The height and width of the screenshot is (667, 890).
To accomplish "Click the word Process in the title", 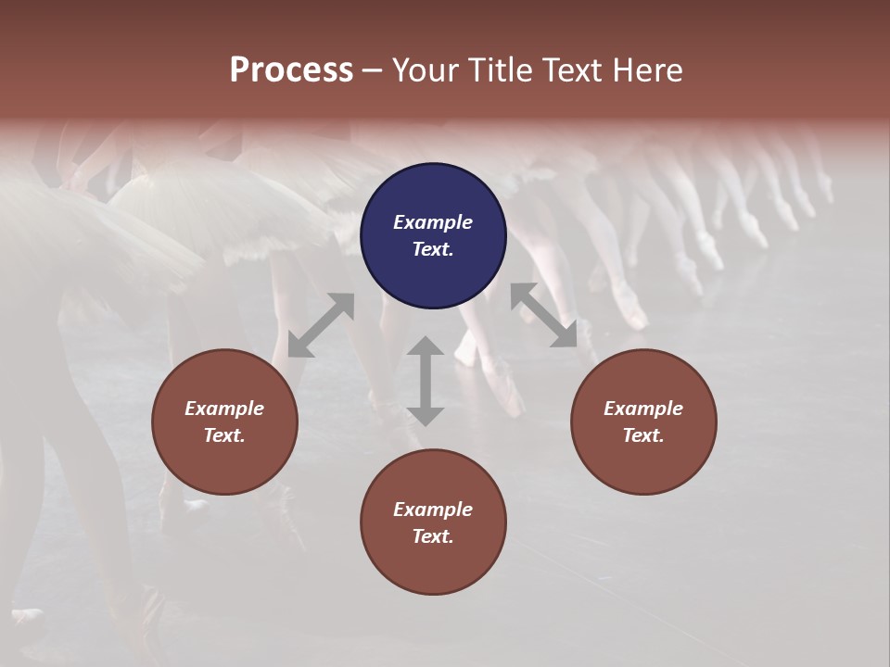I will (291, 70).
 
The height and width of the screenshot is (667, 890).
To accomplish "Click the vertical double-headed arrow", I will (426, 381).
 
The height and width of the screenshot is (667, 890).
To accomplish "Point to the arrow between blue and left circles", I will (321, 325).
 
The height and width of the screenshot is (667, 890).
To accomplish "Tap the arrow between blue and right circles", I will (544, 315).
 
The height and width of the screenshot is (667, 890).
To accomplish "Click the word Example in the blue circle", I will (433, 222).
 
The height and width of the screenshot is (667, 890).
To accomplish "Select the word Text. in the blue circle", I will (433, 249).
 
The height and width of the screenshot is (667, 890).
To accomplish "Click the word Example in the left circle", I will (224, 409).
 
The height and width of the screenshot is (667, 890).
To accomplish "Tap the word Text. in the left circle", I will (224, 435).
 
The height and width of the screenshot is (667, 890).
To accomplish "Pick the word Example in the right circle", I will (643, 409).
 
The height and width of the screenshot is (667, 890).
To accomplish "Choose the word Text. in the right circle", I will (643, 435).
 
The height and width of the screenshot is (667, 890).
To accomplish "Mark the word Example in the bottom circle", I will (433, 510).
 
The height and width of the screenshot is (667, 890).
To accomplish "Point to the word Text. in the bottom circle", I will (433, 536).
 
